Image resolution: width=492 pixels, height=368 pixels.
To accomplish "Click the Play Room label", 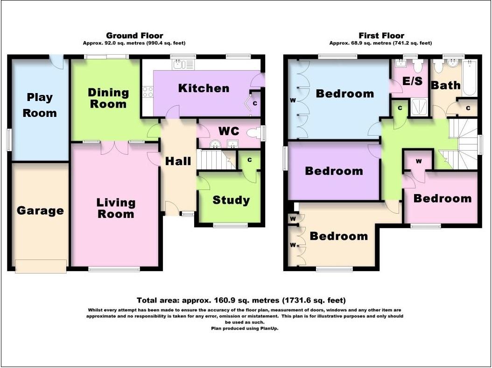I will point(40,105).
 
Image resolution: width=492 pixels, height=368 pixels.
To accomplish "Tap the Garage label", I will point(40,210).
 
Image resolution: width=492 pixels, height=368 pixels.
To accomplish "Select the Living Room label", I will point(116,208).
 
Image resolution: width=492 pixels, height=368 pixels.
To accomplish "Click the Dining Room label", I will point(108,98).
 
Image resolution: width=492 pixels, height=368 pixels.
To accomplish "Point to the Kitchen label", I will point(204,88).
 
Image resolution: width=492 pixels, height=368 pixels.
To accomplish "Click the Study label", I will point(231,200).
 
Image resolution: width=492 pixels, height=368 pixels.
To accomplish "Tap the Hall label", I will point(178,161).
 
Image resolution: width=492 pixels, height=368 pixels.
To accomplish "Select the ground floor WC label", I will point(229,131).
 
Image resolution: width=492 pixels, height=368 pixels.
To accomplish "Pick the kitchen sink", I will point(180,65).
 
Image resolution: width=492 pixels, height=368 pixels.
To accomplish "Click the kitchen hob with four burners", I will point(148,92).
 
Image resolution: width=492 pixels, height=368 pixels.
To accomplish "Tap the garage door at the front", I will point(41,266).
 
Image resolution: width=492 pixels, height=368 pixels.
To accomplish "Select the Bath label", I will point(445,85).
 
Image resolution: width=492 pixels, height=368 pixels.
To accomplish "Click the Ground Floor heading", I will point(134,36).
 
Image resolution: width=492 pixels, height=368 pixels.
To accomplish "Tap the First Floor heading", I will point(381,36).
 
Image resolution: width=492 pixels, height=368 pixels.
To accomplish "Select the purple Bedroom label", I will point(334,171).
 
